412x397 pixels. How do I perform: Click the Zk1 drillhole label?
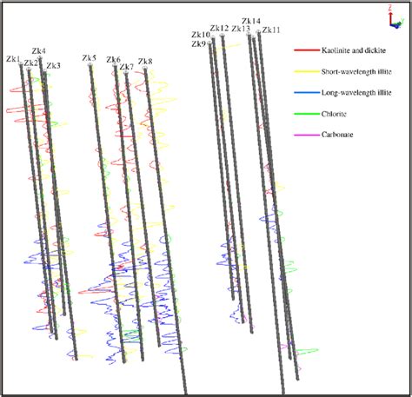pyautogui.click(x=13, y=59)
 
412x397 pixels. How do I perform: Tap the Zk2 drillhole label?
pyautogui.click(x=31, y=63)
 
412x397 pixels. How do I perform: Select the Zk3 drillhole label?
pyautogui.click(x=53, y=66)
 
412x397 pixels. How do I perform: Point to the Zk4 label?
pyautogui.click(x=39, y=51)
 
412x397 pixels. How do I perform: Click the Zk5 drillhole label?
pyautogui.click(x=89, y=58)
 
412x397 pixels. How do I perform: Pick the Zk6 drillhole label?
pyautogui.click(x=113, y=60)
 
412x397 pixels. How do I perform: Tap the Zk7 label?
pyautogui.click(x=126, y=67)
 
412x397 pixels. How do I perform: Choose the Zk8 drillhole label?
pyautogui.click(x=144, y=61)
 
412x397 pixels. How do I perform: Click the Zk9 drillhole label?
pyautogui.click(x=198, y=43)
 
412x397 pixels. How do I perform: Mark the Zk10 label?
pyautogui.click(x=201, y=35)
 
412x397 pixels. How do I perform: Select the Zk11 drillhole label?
pyautogui.click(x=271, y=30)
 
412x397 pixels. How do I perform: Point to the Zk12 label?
pyautogui.click(x=219, y=28)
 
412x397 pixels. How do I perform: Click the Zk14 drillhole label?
pyautogui.click(x=251, y=21)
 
